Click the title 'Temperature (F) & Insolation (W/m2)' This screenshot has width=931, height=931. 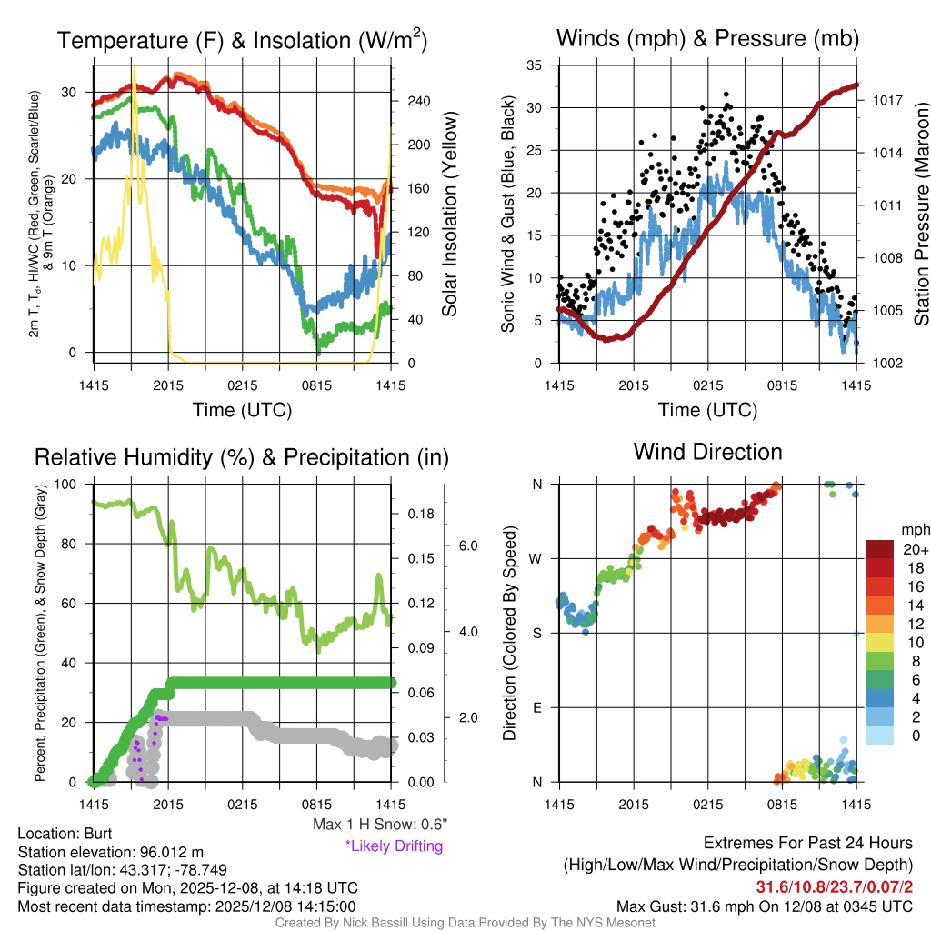[x=243, y=40]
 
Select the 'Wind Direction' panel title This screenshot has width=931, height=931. [x=707, y=452]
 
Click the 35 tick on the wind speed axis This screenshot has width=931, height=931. [x=536, y=65]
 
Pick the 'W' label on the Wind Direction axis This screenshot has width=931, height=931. [x=536, y=558]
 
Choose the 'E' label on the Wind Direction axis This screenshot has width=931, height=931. [x=537, y=707]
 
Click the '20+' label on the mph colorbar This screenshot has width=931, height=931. [x=915, y=549]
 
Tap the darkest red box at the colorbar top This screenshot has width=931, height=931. [x=881, y=548]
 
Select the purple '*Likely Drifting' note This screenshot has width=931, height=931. [x=394, y=846]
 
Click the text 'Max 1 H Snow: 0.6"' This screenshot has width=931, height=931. [x=379, y=825]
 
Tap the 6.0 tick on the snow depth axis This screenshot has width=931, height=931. [x=468, y=546]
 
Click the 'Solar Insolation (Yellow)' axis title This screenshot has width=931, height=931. [x=450, y=215]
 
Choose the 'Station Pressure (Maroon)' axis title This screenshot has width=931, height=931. [x=920, y=215]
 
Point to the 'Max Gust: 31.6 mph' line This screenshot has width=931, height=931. [x=765, y=906]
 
